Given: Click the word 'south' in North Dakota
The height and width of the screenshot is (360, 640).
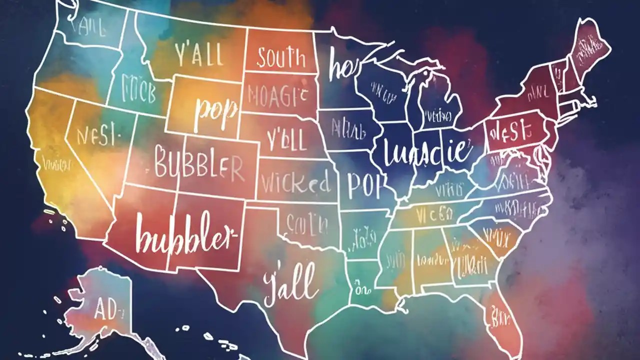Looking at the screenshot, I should click(x=280, y=58).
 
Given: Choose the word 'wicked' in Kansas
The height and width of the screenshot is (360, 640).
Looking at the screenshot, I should click(x=296, y=183).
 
